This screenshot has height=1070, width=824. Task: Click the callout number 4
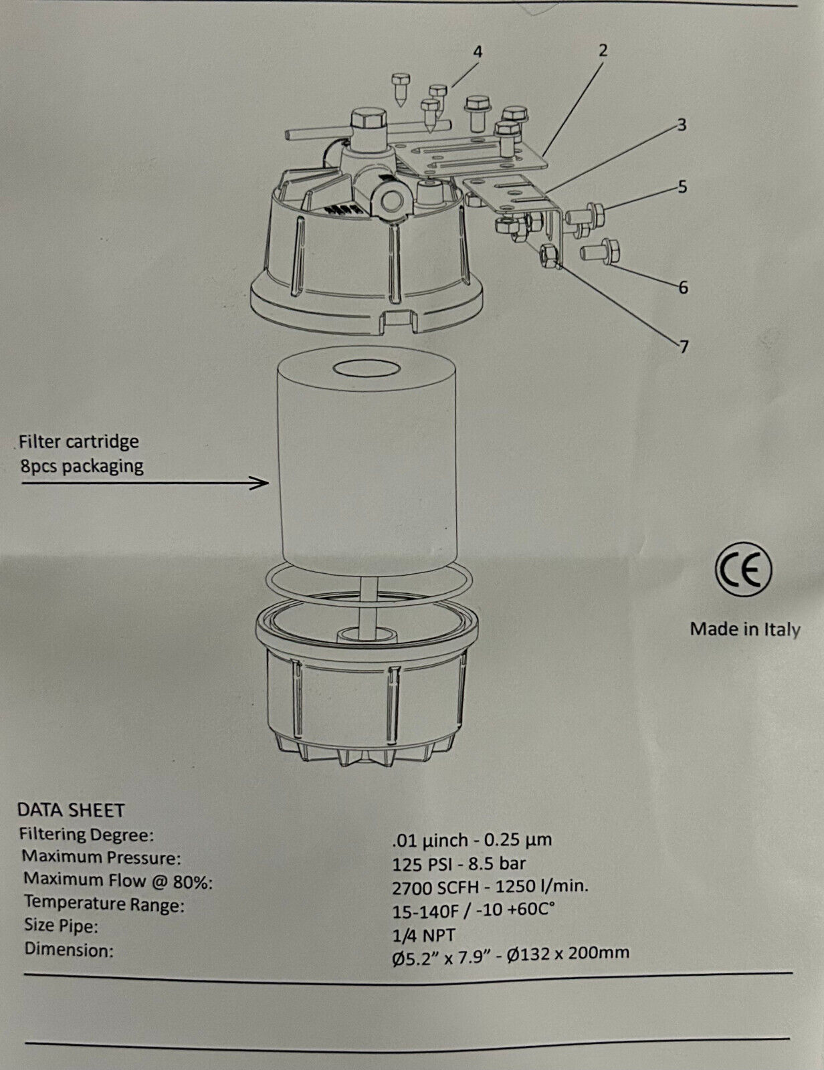[x=478, y=52]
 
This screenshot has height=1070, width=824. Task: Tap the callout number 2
[x=603, y=50]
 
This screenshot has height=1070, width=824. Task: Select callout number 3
[x=682, y=126]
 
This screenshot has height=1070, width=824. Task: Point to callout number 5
[x=682, y=187]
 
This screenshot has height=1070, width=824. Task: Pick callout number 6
[x=684, y=288]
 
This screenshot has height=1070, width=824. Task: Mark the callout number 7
[x=684, y=348]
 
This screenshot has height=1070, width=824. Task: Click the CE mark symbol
[x=743, y=570]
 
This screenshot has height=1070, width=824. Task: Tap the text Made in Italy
[x=745, y=629]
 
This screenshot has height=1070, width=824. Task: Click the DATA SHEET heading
[x=71, y=810]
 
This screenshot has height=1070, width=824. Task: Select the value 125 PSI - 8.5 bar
[x=459, y=863]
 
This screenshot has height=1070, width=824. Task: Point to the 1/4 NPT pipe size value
[x=424, y=934]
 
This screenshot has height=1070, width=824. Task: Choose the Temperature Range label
[x=104, y=903]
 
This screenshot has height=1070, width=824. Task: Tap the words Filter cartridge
[x=79, y=441]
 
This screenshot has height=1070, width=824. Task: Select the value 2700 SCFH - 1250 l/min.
[x=490, y=886]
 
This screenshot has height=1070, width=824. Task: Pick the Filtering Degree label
[x=87, y=835]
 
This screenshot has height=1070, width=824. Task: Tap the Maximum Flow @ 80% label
[x=118, y=881]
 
